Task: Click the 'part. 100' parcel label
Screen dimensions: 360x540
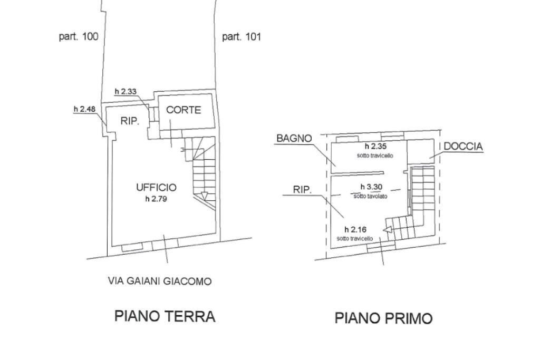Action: click(x=78, y=37)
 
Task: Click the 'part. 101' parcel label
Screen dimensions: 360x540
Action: click(x=242, y=37)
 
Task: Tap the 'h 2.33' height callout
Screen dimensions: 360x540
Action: click(x=126, y=92)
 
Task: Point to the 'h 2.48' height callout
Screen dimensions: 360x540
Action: click(x=84, y=109)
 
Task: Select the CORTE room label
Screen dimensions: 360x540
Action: click(x=184, y=110)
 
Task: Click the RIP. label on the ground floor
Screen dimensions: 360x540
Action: click(x=130, y=121)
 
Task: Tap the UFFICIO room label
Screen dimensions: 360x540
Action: click(x=156, y=187)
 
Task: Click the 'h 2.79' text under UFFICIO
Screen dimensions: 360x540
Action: click(x=156, y=199)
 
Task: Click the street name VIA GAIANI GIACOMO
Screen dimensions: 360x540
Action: click(x=159, y=281)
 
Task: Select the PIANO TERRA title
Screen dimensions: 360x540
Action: click(x=165, y=316)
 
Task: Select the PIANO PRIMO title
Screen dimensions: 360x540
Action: click(x=383, y=318)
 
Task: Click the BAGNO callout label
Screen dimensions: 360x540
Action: click(x=294, y=139)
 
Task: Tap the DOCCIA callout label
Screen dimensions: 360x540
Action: click(x=463, y=147)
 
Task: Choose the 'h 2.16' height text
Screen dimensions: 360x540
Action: click(x=355, y=229)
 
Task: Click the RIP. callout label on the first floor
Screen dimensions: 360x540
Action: click(x=302, y=190)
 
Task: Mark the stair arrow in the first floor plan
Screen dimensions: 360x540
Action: click(x=387, y=229)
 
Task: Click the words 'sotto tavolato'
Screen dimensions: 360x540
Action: click(x=370, y=196)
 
